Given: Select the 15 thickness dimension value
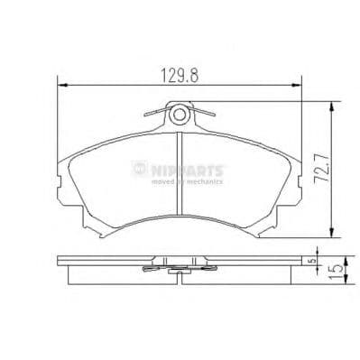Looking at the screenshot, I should point(345,271).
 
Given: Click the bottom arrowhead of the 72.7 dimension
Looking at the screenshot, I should point(335,231).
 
